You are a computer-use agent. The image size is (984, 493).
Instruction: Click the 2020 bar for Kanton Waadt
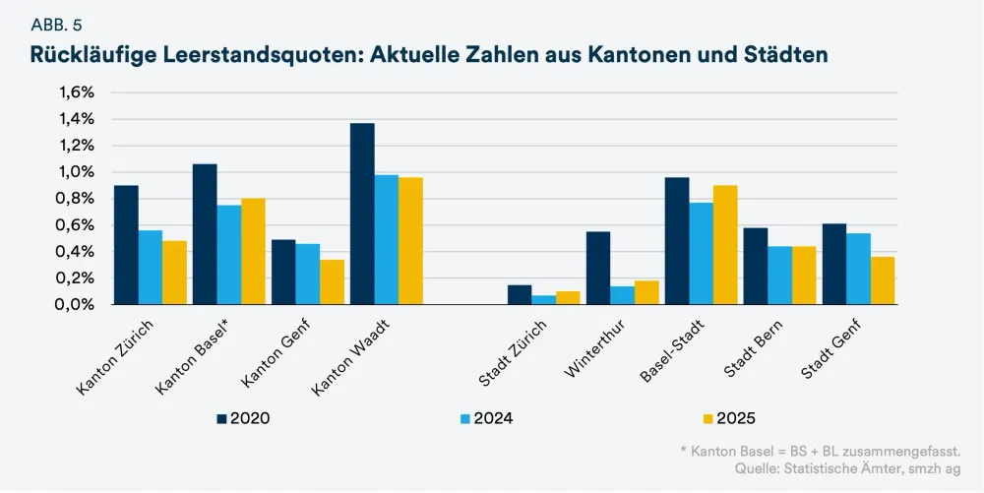pyautogui.click(x=362, y=214)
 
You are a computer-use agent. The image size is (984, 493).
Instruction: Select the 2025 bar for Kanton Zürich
pyautogui.click(x=174, y=273)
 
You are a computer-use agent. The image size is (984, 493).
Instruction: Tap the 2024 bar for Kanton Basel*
pyautogui.click(x=228, y=255)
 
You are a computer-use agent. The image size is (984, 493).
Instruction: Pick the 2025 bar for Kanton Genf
pyautogui.click(x=332, y=282)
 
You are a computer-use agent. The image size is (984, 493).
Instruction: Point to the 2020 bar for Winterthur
pyautogui.click(x=598, y=268)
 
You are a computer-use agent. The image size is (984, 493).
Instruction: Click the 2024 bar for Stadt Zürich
pyautogui.click(x=543, y=299)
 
